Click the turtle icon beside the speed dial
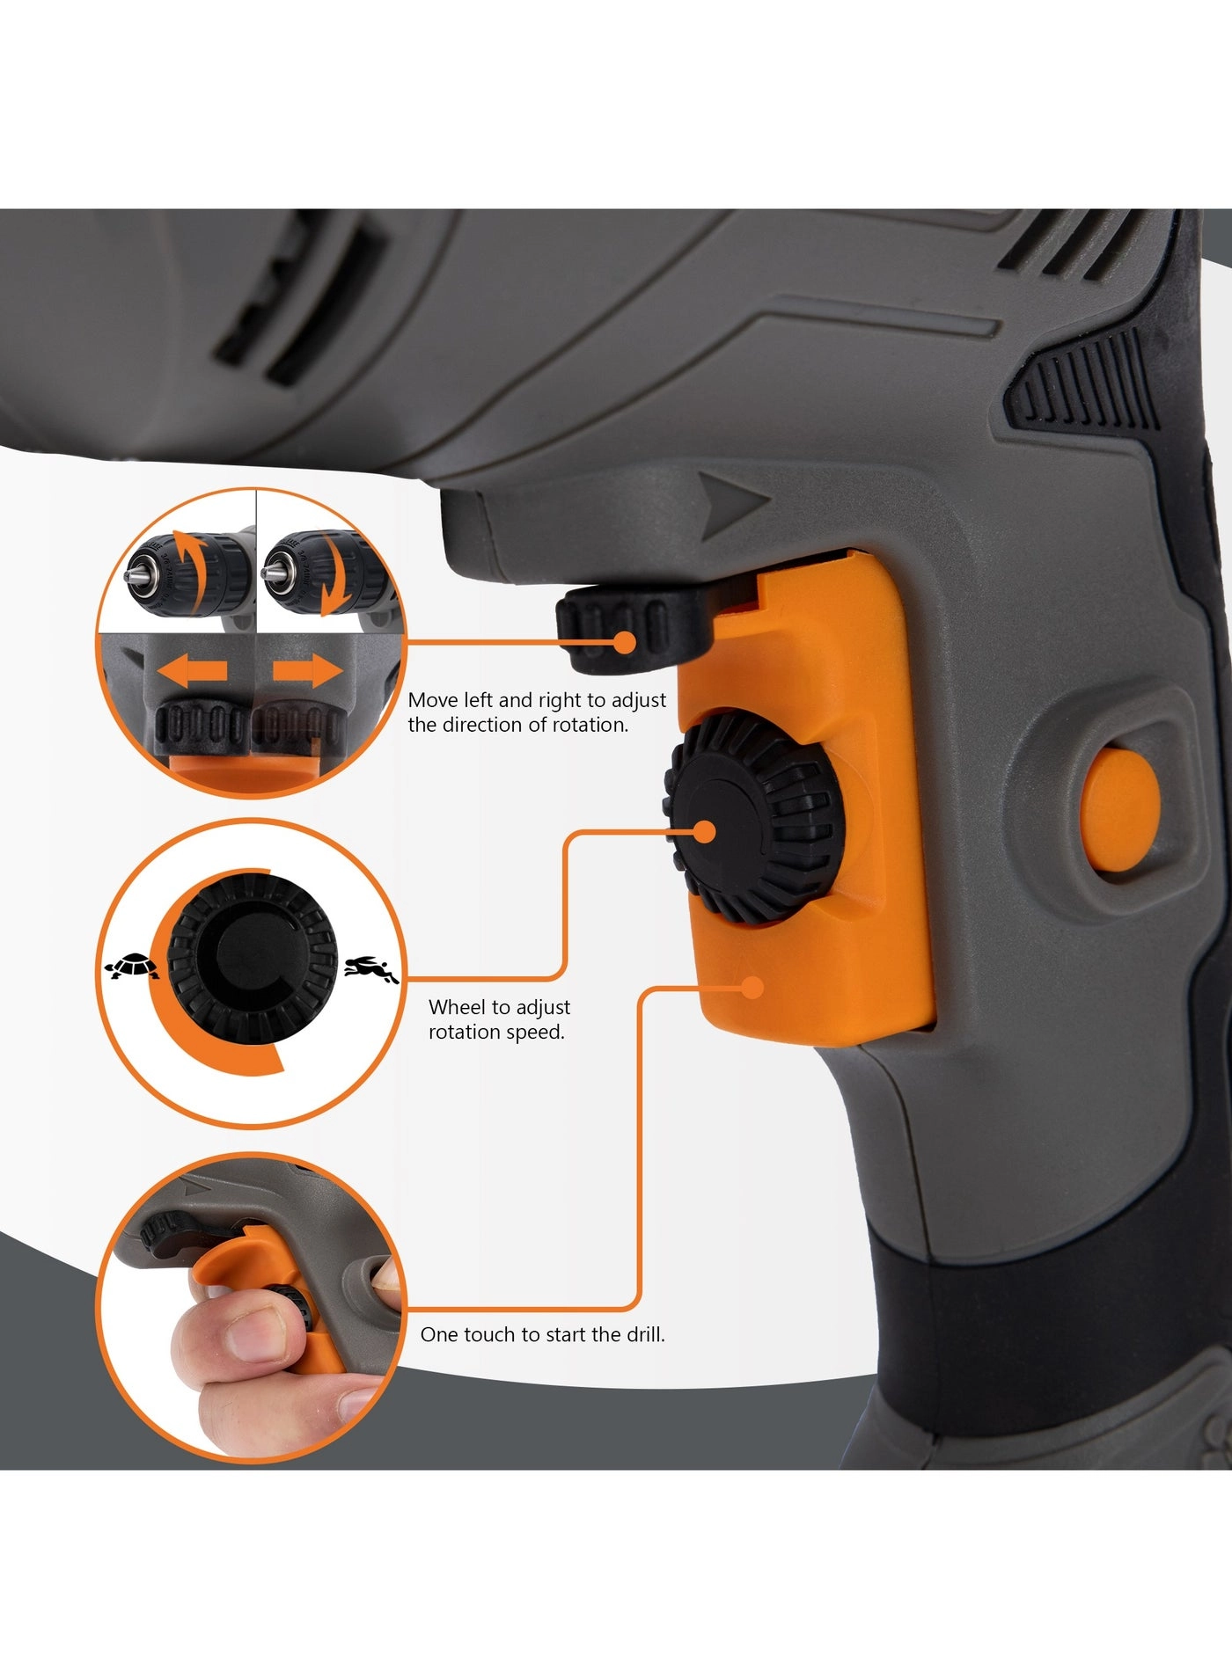pos(133,967)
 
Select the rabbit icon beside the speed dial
pos(370,969)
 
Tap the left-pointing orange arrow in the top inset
pos(193,673)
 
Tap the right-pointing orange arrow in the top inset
pos(307,673)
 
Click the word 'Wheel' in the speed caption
pos(456,1007)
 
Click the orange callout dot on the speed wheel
pos(705,832)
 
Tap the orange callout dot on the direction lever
pos(624,642)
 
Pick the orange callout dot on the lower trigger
pos(752,988)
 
